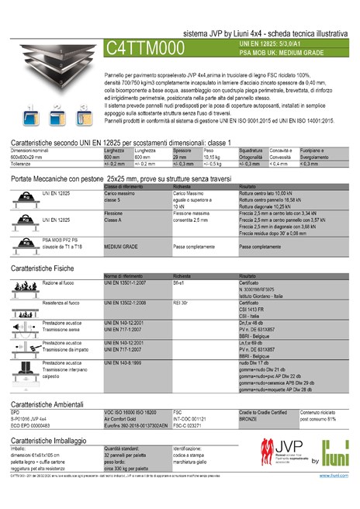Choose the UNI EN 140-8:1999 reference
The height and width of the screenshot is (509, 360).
click(x=125, y=362)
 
